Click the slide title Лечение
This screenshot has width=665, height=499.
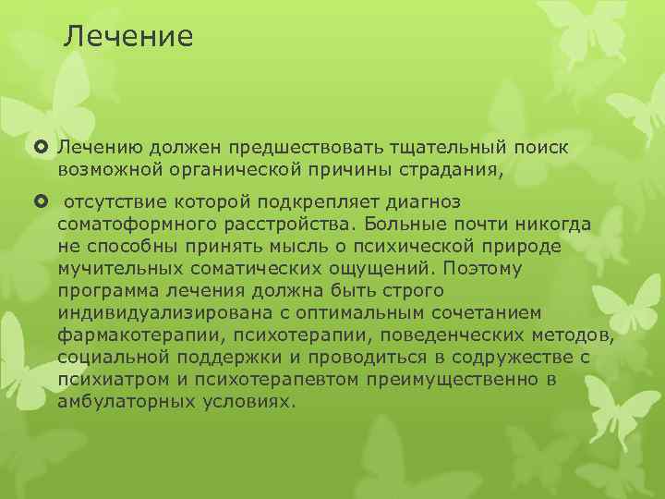(128, 36)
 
